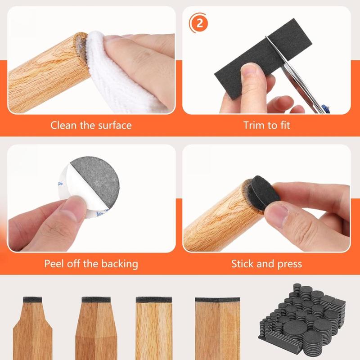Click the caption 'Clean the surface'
(x=91, y=125)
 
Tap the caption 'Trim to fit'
(x=267, y=125)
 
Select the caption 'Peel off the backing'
(x=91, y=263)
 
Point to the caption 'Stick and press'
(x=267, y=263)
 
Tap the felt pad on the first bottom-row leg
(x=32, y=299)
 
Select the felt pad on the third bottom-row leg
(x=154, y=299)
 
